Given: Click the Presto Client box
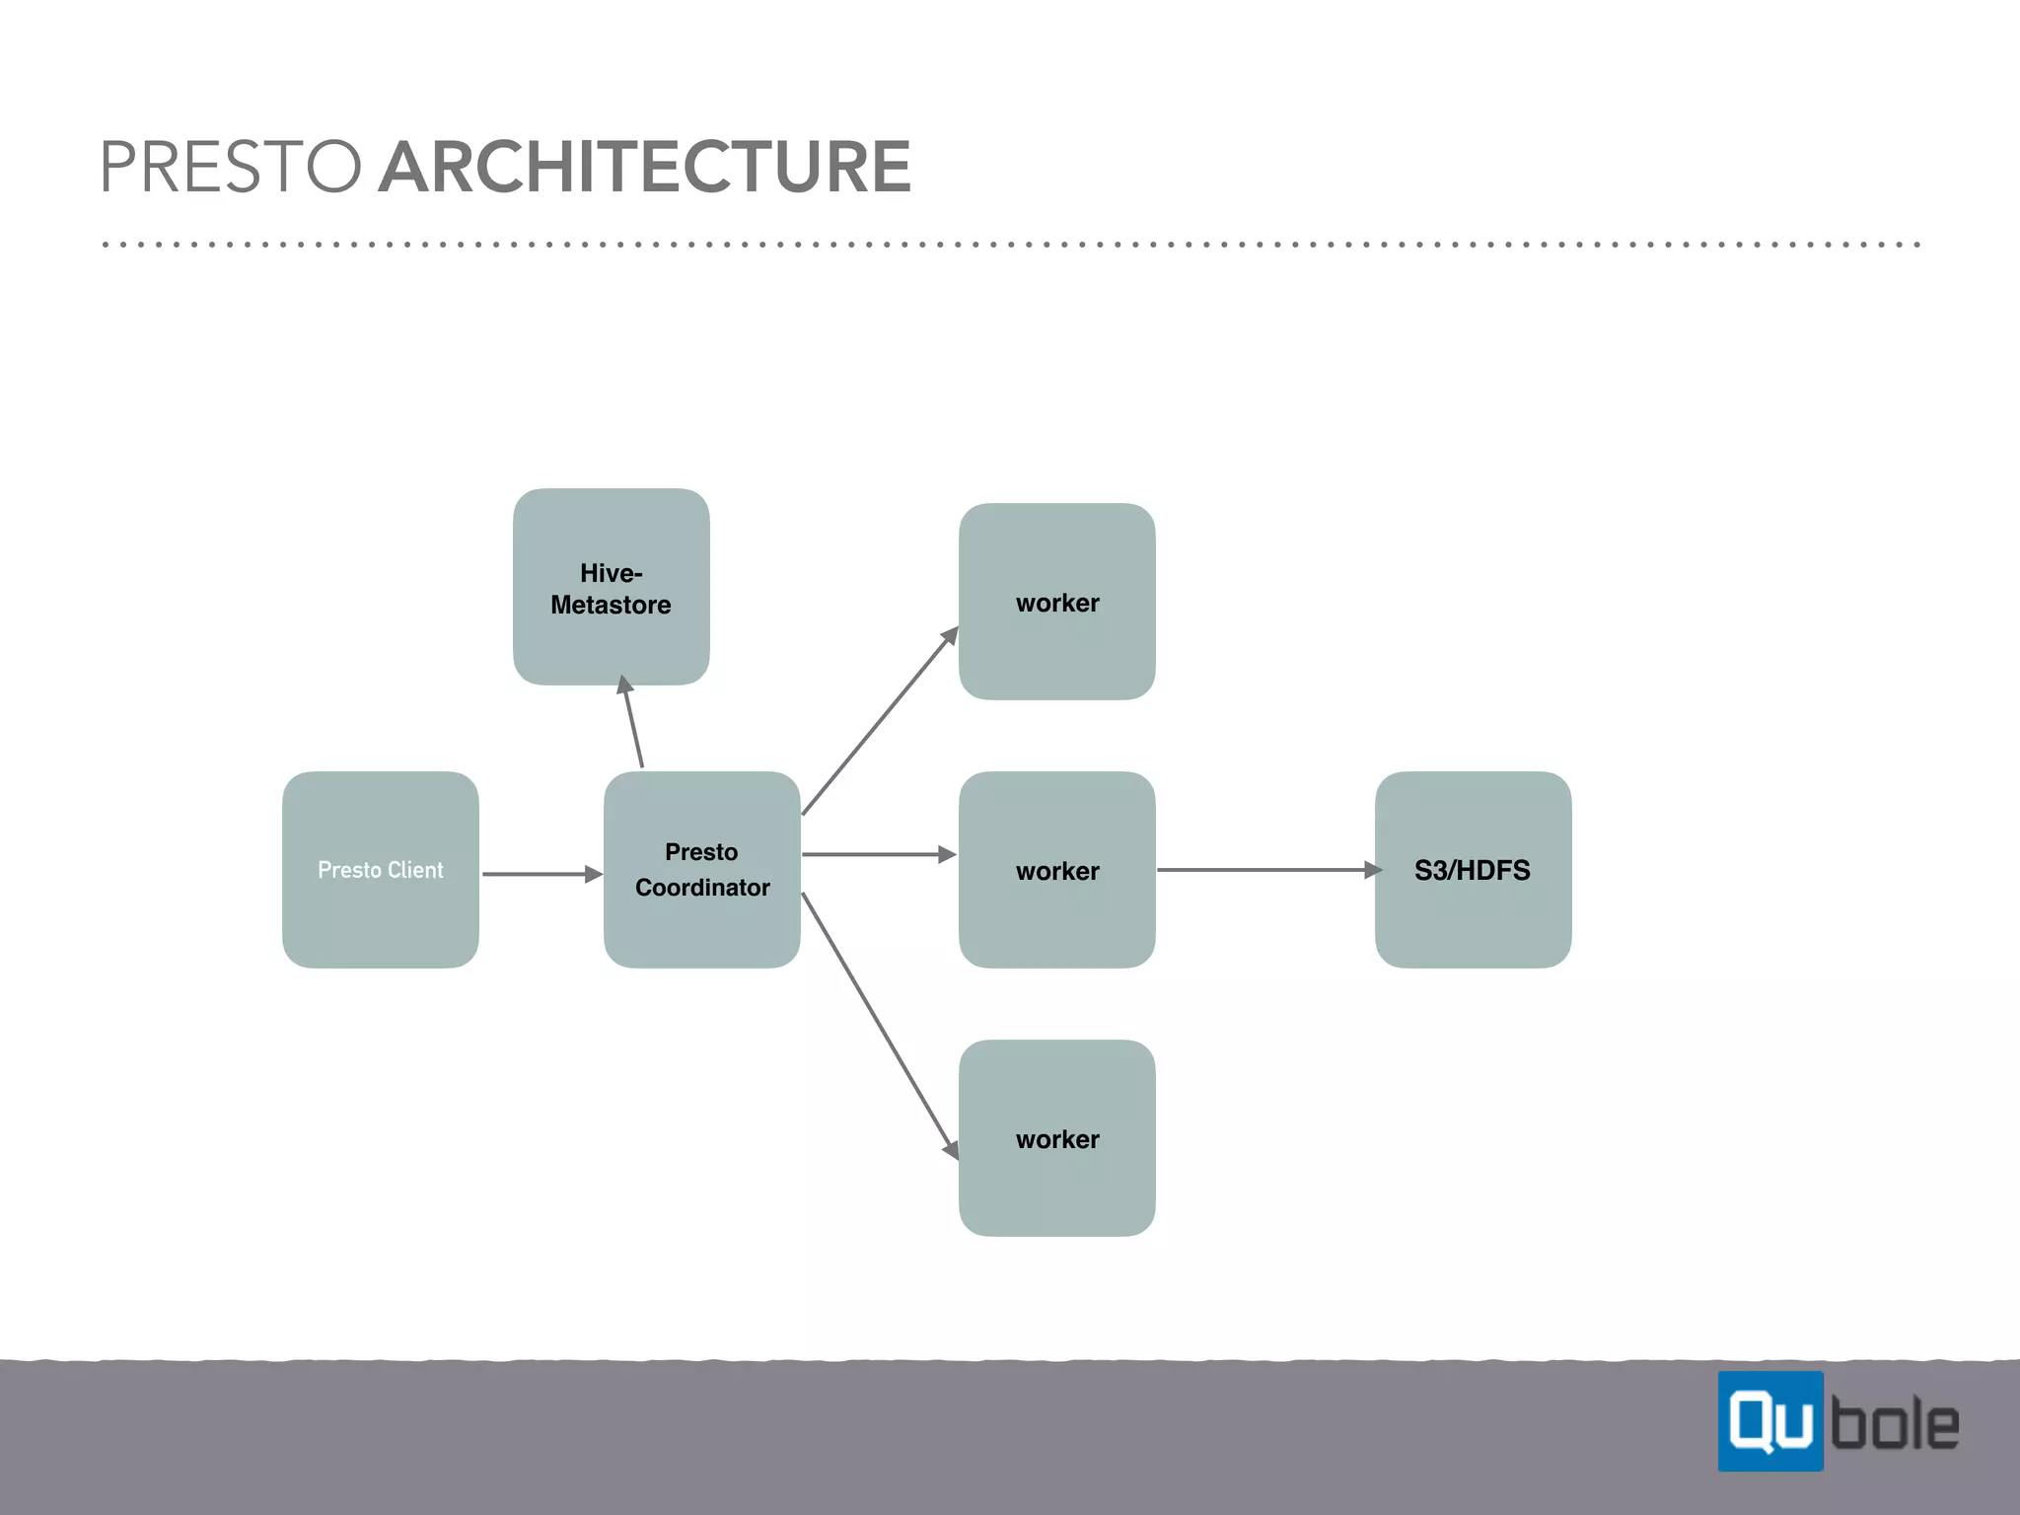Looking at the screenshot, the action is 381,869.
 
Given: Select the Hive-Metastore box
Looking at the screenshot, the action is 611,587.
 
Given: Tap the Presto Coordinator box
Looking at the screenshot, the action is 701,869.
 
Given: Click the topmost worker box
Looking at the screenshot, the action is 1056,602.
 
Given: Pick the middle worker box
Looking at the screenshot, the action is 1056,869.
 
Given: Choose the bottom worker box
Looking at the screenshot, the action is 1056,1137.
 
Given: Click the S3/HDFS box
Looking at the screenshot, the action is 1473,869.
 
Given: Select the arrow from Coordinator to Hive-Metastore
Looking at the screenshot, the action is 633,722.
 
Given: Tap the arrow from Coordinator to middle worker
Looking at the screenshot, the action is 878,854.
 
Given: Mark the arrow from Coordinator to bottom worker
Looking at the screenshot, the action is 880,1026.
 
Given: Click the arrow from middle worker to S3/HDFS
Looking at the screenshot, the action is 1267,870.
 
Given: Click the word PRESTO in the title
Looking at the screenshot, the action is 231,167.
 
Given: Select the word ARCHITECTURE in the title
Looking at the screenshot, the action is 645,167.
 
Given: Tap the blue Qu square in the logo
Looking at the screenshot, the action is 1769,1421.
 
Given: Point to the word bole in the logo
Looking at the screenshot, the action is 1895,1424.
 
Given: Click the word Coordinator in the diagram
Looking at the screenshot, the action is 702,888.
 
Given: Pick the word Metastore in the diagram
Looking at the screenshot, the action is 611,605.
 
